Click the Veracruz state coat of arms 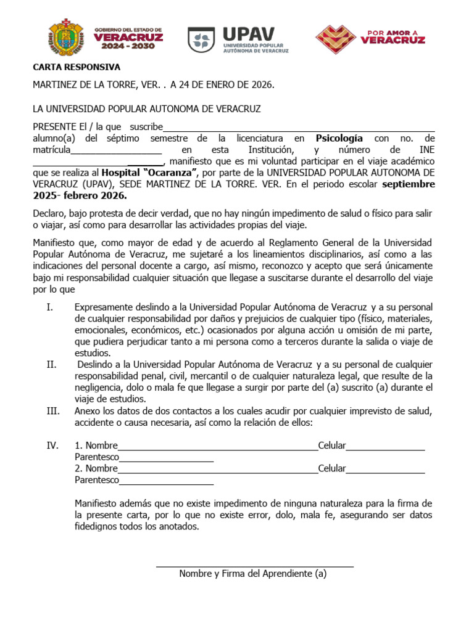pyautogui.click(x=65, y=38)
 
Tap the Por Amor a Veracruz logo pyautogui.click(x=370, y=39)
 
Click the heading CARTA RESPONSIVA pyautogui.click(x=77, y=67)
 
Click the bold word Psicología pyautogui.click(x=339, y=138)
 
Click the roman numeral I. pyautogui.click(x=49, y=307)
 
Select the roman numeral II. pyautogui.click(x=51, y=365)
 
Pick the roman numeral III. pyautogui.click(x=52, y=411)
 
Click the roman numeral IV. pyautogui.click(x=52, y=446)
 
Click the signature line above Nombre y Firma pyautogui.click(x=254, y=564)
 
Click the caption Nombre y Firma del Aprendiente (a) pyautogui.click(x=252, y=574)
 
